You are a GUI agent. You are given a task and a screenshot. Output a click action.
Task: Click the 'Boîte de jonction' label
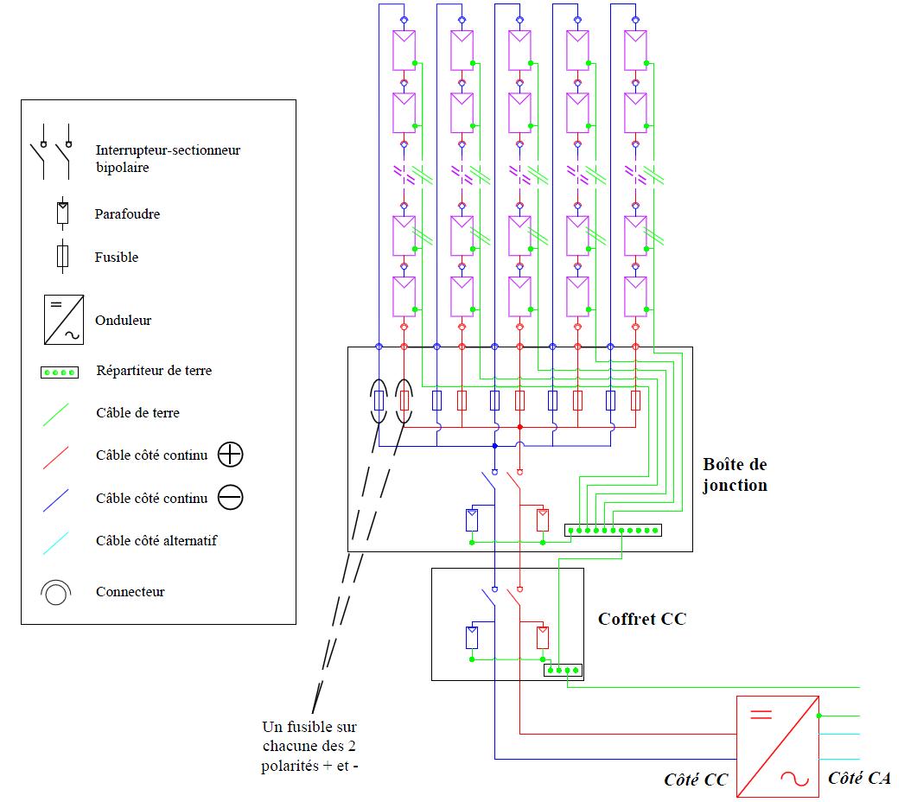735,475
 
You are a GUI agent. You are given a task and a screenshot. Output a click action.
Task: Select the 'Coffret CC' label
641,619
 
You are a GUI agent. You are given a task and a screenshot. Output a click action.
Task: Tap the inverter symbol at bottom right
777,745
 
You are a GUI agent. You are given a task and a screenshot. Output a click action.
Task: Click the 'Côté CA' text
858,778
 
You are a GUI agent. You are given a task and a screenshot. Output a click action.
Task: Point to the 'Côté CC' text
696,779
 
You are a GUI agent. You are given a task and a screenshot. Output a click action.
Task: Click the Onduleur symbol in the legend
63,320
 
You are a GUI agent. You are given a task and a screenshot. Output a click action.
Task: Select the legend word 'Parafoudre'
127,214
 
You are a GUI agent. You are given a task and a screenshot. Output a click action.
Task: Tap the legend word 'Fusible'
116,258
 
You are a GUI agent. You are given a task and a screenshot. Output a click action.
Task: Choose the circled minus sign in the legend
231,498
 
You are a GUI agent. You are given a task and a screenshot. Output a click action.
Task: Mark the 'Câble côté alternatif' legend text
156,541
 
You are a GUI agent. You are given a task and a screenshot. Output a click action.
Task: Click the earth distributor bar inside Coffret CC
563,670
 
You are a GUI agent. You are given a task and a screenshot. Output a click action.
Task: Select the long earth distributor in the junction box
613,530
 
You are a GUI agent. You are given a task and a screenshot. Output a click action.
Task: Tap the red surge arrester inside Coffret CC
542,638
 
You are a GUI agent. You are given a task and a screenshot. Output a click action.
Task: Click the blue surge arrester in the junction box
472,519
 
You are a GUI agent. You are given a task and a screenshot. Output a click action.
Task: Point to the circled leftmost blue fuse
379,401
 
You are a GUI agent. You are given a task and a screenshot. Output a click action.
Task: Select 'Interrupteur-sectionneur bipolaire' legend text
168,159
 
